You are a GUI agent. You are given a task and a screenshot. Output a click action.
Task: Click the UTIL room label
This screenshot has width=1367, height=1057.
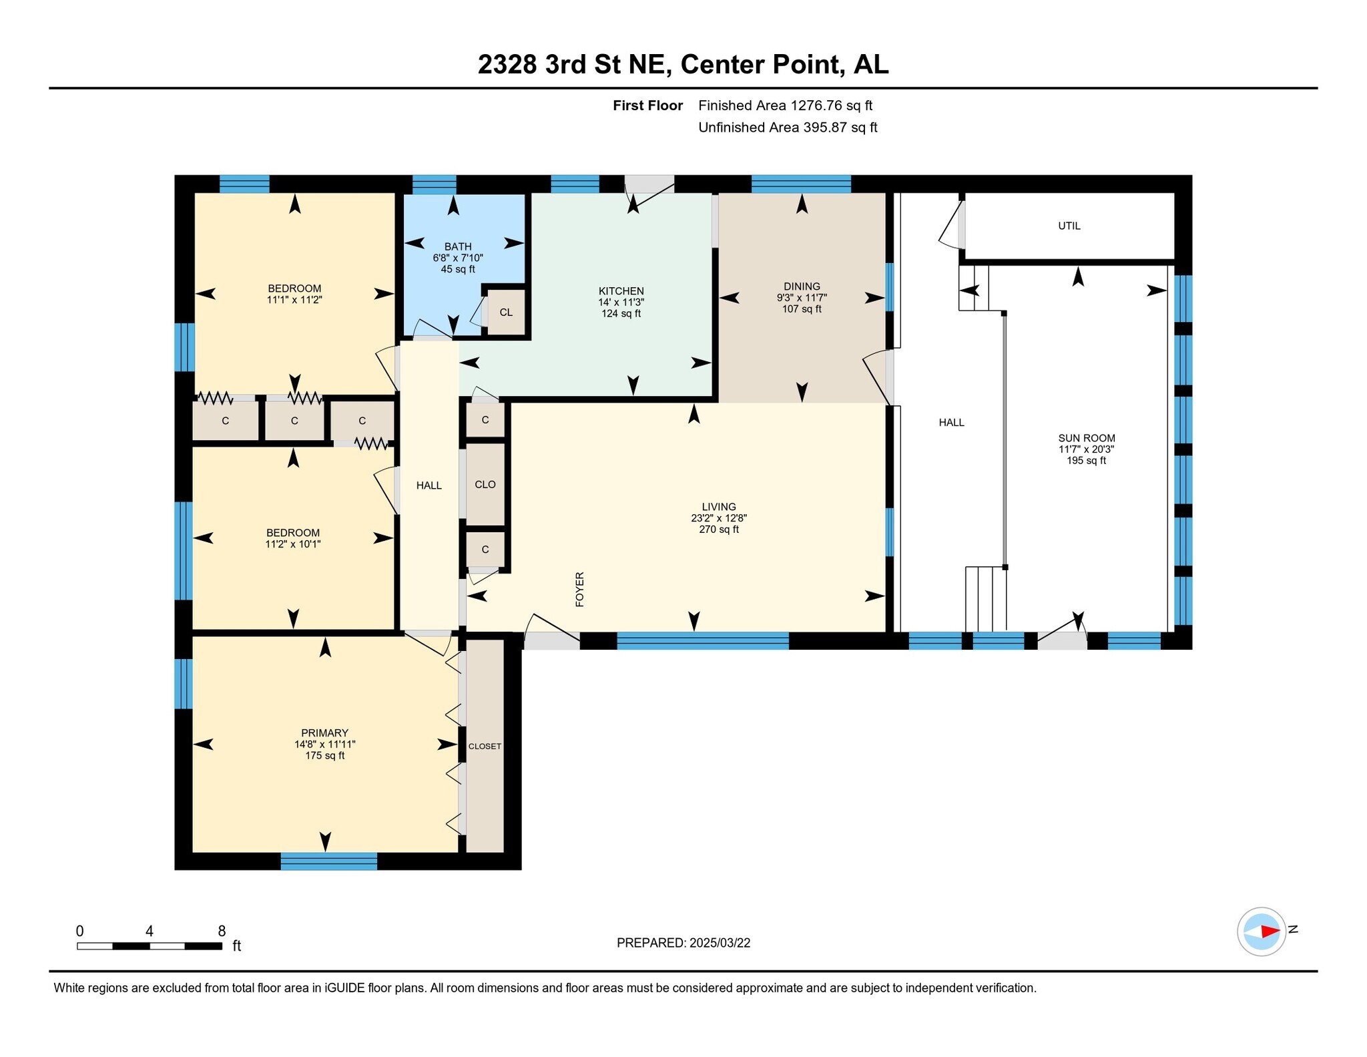[1069, 226]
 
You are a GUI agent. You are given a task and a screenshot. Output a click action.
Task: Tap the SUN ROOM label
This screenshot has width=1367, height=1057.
[1086, 438]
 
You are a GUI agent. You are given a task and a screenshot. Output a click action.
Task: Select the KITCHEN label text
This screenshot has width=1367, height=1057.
[621, 291]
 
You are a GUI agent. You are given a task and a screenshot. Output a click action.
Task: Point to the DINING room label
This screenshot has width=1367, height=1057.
[802, 286]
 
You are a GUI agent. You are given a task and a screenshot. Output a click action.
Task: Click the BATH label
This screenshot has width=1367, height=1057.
[458, 246]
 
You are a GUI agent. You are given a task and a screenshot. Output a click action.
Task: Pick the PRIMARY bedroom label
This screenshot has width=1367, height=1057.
[324, 732]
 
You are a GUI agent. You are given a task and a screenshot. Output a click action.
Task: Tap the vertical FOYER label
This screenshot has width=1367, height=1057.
[579, 589]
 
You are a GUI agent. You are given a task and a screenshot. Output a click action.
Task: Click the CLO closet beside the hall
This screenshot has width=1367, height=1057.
[485, 484]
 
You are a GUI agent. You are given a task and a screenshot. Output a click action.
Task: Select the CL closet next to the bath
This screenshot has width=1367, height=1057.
[506, 312]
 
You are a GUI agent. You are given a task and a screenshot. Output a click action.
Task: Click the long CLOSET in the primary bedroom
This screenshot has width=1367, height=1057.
[485, 746]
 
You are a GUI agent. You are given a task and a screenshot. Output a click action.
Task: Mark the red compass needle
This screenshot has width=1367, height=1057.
[1270, 931]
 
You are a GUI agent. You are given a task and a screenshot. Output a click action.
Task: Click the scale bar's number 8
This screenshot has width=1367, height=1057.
[222, 931]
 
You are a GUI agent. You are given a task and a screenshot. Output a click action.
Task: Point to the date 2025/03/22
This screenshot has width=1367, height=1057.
[720, 943]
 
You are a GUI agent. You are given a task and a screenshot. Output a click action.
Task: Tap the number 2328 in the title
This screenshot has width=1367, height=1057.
[507, 65]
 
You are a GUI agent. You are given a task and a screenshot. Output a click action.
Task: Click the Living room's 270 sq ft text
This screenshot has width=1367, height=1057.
[719, 530]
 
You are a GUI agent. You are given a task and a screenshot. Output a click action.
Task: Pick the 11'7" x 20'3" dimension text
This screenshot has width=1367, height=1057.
[1086, 449]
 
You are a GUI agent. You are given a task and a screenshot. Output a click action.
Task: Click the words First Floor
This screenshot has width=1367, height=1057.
[647, 105]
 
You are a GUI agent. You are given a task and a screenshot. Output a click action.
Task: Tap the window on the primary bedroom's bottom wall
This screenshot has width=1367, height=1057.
[328, 861]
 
